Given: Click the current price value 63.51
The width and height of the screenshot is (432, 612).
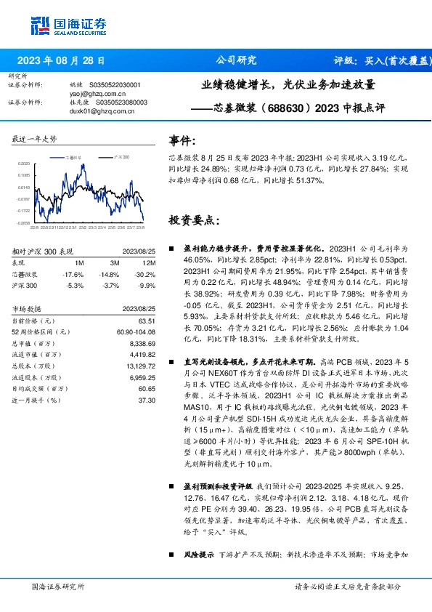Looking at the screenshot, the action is (x=147, y=321).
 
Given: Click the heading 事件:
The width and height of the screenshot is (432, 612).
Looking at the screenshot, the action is (x=182, y=140).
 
